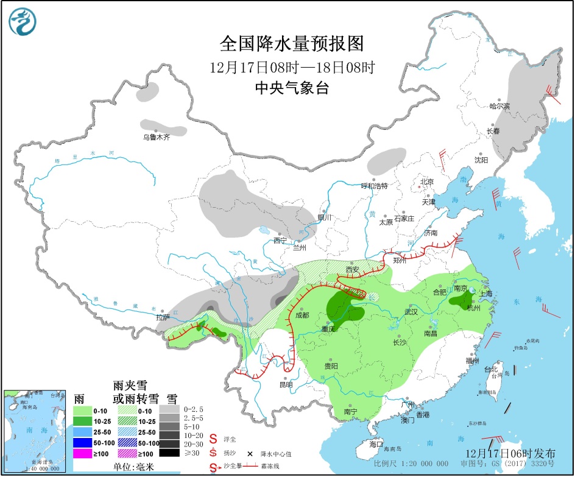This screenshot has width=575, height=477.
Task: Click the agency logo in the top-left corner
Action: point(23,23)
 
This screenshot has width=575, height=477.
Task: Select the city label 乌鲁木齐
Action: point(156,138)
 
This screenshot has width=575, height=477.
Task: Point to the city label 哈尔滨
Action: point(499,106)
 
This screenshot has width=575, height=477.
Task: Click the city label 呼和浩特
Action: point(374,185)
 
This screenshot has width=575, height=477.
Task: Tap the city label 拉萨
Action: point(163,317)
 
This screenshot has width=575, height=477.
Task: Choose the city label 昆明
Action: point(286,384)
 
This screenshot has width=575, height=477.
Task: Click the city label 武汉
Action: point(411,312)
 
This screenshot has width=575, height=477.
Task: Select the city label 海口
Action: point(376,445)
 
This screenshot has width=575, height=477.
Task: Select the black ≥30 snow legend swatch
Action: point(169,453)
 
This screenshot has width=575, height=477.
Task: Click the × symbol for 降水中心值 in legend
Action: point(250,453)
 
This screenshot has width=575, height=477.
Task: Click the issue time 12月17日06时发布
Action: point(510,454)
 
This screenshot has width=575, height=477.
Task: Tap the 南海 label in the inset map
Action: point(28,431)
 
